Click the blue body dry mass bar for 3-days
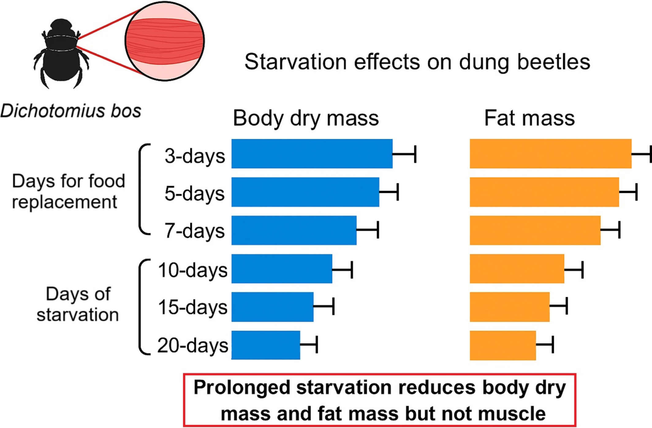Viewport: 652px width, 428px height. coord(312,154)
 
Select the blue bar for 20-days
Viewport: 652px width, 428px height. coord(266,345)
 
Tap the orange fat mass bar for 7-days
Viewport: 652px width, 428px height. coord(535,230)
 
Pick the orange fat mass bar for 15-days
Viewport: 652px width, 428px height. coord(510,307)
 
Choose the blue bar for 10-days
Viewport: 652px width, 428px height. coord(282,269)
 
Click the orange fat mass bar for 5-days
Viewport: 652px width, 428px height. coord(544,192)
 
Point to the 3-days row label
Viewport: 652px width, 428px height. coord(195,156)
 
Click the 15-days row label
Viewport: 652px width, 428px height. coord(193,307)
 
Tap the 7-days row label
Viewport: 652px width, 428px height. coord(195,231)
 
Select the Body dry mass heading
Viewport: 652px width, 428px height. coord(306,118)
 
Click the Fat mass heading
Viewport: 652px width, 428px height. coord(529,118)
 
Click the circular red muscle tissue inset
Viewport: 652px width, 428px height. coord(165,41)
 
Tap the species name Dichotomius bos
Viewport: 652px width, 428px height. coord(71,111)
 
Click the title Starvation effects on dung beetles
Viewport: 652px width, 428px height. coord(417,62)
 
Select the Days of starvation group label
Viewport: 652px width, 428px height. coord(78,304)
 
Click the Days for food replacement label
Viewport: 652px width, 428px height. coord(69,191)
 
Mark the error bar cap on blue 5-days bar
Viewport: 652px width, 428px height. coord(397,192)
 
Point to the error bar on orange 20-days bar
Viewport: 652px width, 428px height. coord(545,345)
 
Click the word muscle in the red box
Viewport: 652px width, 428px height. coord(512,414)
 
